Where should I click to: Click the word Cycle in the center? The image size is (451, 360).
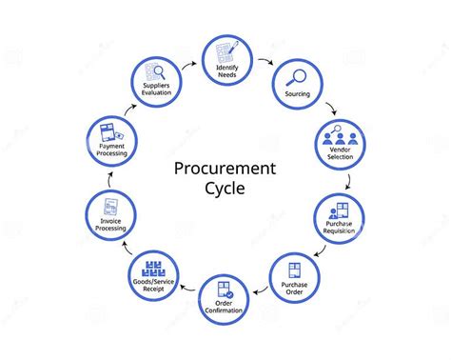pyautogui.click(x=225, y=188)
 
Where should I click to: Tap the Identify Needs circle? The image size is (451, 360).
pyautogui.click(x=225, y=59)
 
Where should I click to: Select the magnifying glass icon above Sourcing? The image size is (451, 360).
pyautogui.click(x=296, y=75)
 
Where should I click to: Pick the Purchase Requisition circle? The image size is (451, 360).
pyautogui.click(x=340, y=220)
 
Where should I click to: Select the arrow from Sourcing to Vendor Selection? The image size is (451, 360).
pyautogui.click(x=329, y=107)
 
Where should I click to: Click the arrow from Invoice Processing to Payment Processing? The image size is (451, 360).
pyautogui.click(x=107, y=178)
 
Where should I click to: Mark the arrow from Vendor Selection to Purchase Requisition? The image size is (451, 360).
pyautogui.click(x=348, y=178)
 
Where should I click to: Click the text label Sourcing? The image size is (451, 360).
pyautogui.click(x=298, y=94)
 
